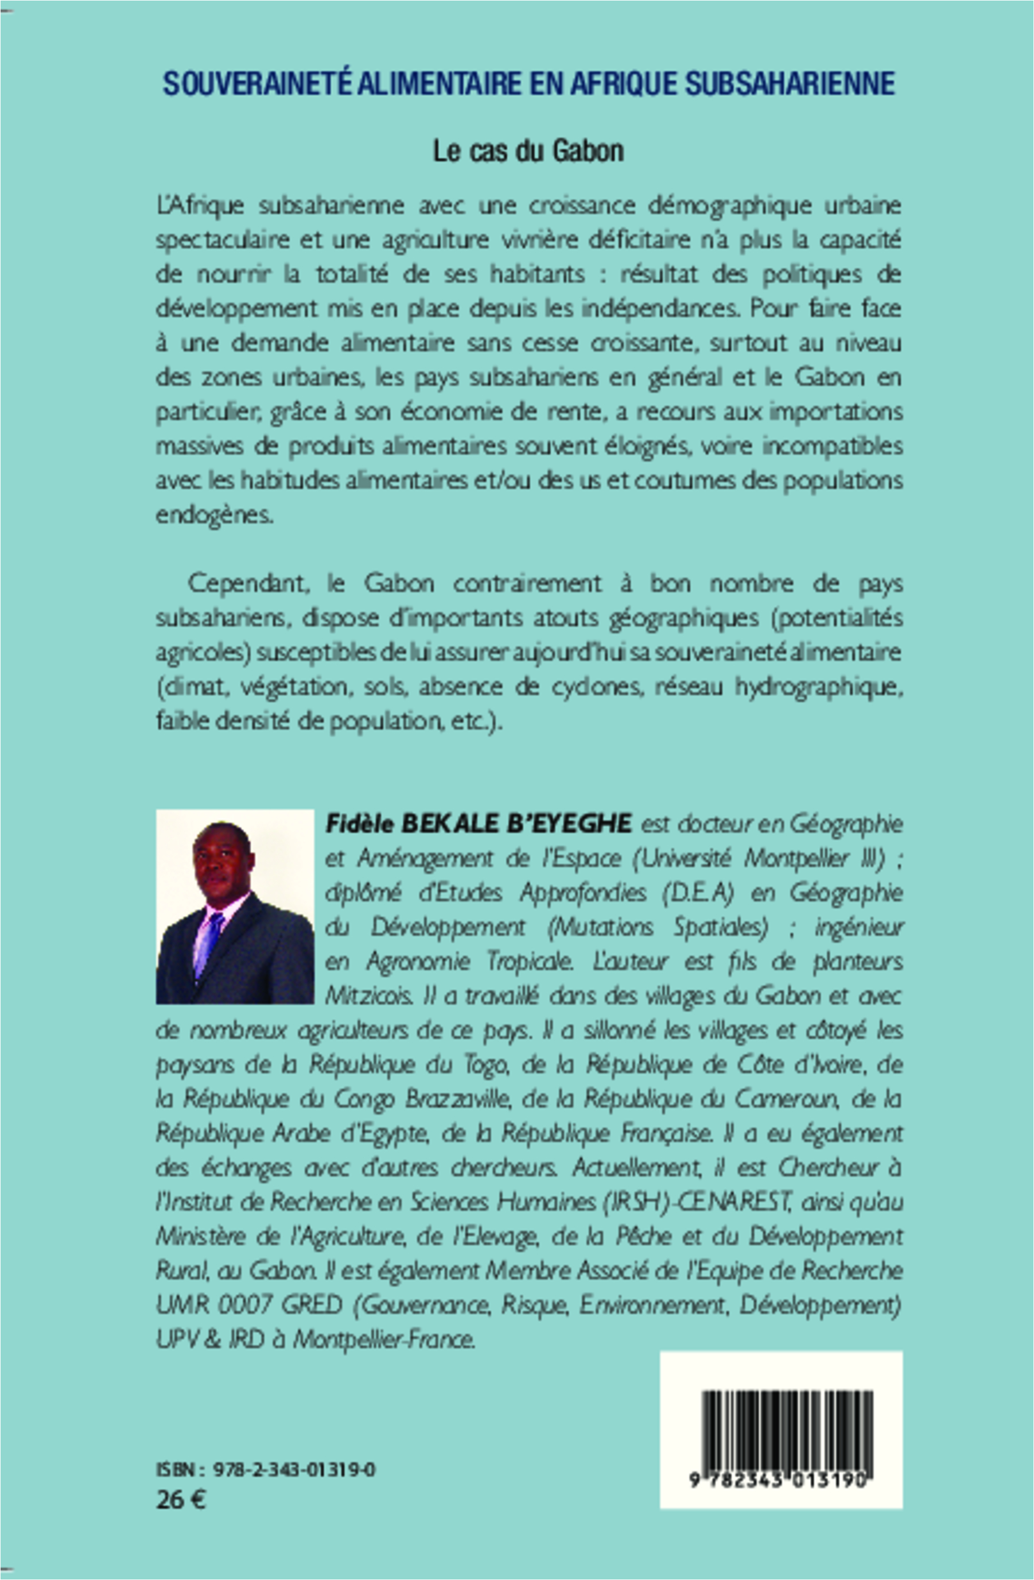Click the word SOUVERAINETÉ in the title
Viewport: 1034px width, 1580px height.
point(257,84)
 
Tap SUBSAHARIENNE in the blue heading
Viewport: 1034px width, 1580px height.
point(790,84)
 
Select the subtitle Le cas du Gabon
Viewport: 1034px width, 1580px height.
point(528,152)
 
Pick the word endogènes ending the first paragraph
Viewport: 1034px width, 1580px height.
point(213,515)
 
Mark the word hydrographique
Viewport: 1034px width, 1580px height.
point(818,687)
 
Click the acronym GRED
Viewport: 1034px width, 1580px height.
point(312,1305)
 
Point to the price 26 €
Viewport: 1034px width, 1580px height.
point(181,1500)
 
